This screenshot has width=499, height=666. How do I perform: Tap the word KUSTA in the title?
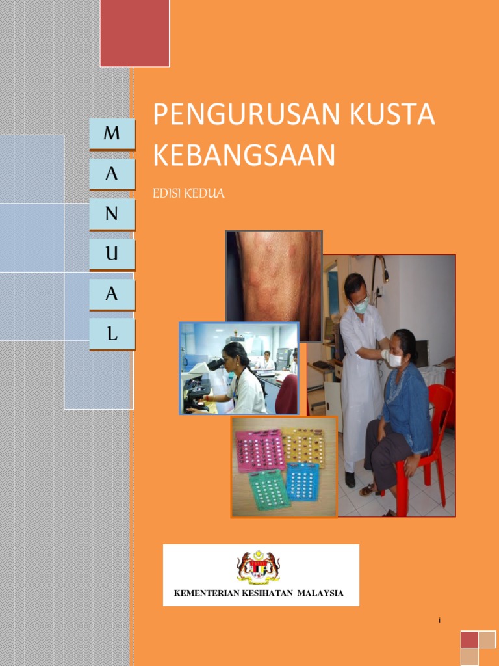coord(392,114)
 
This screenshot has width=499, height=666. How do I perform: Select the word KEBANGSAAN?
coord(244,155)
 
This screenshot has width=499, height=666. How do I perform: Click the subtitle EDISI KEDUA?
coord(188,194)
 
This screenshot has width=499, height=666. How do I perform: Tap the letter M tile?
coord(112,133)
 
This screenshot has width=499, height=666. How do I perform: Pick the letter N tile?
coord(112,214)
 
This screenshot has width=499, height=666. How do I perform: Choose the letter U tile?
coord(112,254)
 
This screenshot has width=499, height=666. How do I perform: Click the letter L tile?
coord(112,334)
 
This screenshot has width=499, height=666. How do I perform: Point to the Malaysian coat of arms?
coord(259,566)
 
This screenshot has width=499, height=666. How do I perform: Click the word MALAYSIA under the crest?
coord(320,593)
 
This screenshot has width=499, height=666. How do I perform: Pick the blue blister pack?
coord(302,482)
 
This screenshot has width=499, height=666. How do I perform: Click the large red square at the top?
coord(135,33)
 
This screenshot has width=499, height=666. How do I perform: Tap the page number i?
coord(439,620)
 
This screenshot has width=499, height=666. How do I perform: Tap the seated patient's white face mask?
coord(394,359)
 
